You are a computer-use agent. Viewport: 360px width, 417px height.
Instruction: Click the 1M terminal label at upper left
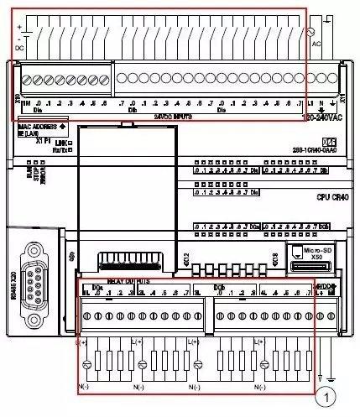pos(23,102)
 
